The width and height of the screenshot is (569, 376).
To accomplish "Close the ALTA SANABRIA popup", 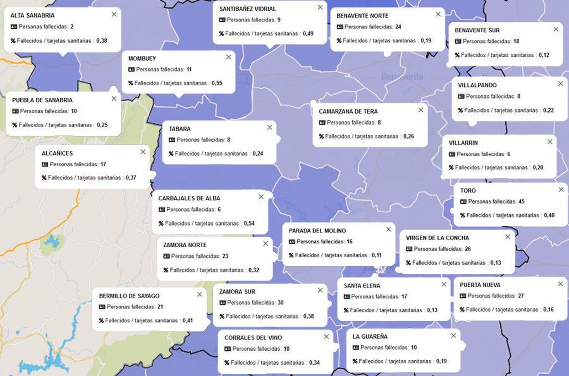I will [114, 15].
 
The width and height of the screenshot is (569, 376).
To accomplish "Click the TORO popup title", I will [468, 190].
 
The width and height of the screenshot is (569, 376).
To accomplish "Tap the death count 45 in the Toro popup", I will [521, 202].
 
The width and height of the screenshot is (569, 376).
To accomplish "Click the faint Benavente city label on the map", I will [402, 76].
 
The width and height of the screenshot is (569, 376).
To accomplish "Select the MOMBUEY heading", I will [142, 59].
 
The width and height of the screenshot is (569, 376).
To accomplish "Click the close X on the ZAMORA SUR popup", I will [320, 290].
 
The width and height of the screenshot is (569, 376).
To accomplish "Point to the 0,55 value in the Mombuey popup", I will [217, 83].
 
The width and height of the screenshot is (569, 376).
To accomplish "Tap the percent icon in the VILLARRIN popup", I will [451, 168].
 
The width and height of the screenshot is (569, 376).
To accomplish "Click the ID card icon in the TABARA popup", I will [172, 140].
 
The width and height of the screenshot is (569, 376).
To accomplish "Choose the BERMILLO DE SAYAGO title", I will [129, 296].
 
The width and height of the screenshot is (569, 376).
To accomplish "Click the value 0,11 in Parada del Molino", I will [377, 255].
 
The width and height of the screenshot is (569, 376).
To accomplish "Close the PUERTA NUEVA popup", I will [560, 284].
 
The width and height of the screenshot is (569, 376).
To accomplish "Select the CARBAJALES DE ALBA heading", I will [189, 198].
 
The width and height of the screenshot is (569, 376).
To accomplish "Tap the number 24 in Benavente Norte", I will [398, 27].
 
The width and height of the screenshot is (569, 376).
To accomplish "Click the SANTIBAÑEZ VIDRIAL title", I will [248, 9].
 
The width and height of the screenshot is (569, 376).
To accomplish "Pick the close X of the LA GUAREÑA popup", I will [453, 335].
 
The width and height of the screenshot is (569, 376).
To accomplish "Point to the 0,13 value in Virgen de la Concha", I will [496, 263].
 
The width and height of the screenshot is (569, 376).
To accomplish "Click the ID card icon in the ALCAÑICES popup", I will [45, 165].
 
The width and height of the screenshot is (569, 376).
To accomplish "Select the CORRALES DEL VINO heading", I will [253, 338].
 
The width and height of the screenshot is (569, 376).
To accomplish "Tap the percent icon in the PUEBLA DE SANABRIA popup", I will [15, 125].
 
